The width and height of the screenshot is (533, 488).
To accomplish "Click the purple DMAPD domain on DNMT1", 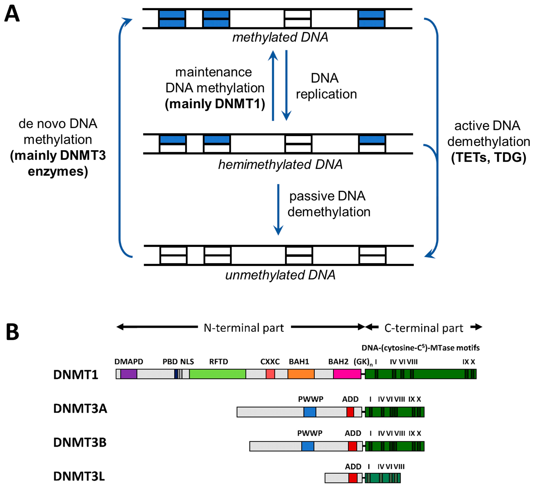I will (129, 374).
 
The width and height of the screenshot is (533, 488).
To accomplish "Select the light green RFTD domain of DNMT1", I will (217, 374).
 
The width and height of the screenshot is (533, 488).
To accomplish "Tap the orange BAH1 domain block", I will (301, 374).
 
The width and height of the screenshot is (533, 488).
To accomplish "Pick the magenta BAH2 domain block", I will (347, 374).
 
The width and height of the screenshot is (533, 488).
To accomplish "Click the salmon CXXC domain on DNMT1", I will (270, 374).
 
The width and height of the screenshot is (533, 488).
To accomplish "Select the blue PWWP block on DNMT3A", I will (310, 412).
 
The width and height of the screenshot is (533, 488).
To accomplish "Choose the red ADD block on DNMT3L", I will (353, 478).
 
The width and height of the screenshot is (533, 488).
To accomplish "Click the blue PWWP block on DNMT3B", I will (308, 446).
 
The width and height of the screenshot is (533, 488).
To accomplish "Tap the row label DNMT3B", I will (80, 442).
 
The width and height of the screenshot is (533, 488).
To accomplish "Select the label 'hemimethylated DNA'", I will (280, 165).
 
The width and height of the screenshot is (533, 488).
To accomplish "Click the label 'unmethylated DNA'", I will (280, 275).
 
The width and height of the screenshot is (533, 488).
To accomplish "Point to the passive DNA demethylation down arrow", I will (278, 209).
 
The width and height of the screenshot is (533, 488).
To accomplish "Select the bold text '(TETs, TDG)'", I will (489, 158).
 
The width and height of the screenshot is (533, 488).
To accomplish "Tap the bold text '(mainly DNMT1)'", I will (215, 104).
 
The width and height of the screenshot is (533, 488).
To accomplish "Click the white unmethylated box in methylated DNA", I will (298, 19).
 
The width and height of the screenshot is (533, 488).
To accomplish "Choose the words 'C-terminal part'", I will (424, 328).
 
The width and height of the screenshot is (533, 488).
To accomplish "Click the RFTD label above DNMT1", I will (218, 361).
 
